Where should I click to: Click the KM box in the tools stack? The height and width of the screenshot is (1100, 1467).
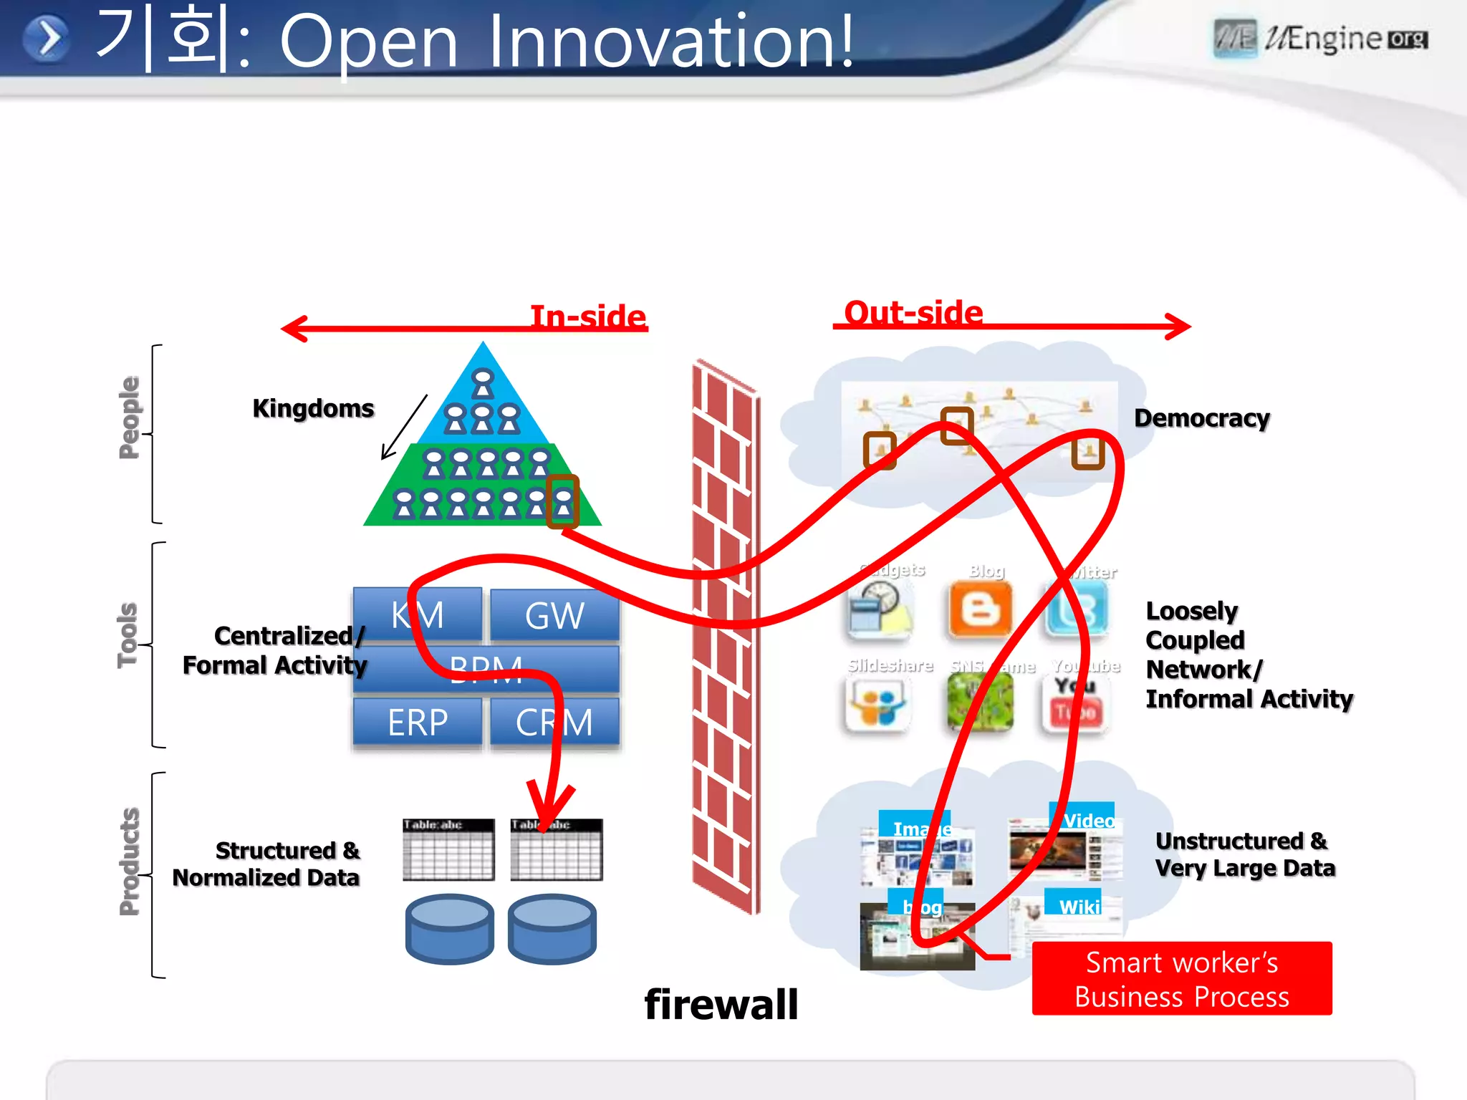coord(417,614)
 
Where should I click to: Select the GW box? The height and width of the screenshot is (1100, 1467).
coord(554,614)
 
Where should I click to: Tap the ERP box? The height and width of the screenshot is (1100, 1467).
coord(417,722)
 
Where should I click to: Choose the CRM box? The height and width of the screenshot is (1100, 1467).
coord(554,722)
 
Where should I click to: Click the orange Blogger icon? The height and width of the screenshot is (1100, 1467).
coord(980,610)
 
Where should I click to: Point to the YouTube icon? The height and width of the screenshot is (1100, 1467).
coord(1075,705)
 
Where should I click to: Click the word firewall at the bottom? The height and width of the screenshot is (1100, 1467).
coord(721,1004)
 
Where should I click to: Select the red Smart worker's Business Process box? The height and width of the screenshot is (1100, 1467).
coord(1182,978)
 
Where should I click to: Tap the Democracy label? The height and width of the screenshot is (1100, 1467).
coord(1201,418)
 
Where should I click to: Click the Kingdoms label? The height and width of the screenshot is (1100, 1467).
coord(313,408)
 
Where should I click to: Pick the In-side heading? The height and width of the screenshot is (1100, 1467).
coord(587,316)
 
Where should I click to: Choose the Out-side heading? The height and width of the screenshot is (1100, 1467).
coord(913,312)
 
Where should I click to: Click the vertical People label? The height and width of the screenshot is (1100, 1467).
coord(129,417)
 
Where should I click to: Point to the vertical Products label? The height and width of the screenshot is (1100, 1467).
coord(129,862)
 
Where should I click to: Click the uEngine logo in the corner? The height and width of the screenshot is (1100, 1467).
coord(1320,39)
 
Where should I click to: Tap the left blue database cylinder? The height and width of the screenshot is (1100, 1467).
coord(449,928)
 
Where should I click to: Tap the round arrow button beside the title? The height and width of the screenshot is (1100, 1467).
coord(47,39)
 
